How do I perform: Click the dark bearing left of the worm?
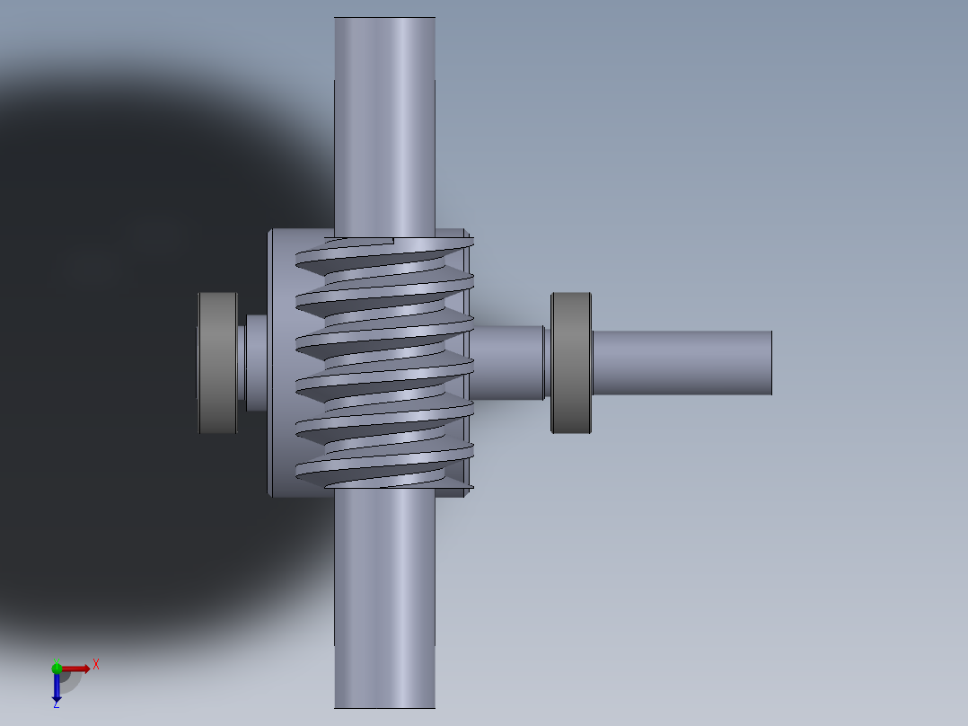(217, 362)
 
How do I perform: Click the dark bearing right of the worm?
(571, 362)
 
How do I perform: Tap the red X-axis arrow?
(75, 668)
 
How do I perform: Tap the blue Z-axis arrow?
(57, 687)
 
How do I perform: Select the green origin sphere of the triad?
(57, 668)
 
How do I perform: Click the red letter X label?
(95, 664)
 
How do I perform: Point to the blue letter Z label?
(56, 704)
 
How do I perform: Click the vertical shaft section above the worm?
(384, 126)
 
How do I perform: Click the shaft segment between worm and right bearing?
(507, 362)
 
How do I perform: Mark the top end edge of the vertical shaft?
(384, 18)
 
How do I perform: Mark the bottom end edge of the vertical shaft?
(384, 707)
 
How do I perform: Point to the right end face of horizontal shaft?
(770, 362)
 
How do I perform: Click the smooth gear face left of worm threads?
(282, 362)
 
